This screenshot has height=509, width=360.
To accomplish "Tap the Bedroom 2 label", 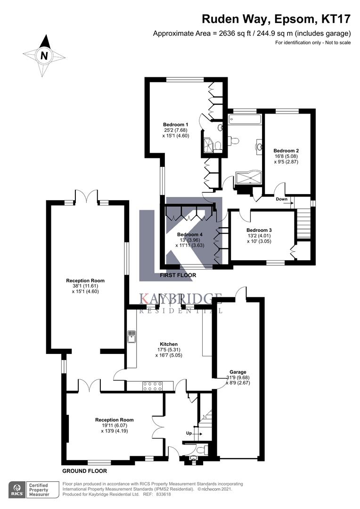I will [x=286, y=151].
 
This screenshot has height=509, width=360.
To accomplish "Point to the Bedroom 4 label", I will [x=190, y=234].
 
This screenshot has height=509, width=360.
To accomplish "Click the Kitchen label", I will [x=169, y=344].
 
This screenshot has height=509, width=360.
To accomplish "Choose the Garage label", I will [x=238, y=372].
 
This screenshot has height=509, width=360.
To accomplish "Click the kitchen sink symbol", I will [x=131, y=337].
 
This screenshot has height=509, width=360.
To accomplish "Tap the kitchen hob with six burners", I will [x=152, y=386].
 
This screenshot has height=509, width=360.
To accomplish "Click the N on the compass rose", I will [x=44, y=56].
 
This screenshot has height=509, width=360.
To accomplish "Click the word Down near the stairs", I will [x=282, y=199].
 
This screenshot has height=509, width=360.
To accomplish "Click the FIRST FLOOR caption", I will [x=178, y=275].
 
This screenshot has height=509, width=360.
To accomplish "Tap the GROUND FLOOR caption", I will [x=84, y=471].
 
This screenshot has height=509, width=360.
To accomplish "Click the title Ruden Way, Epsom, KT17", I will [x=276, y=19].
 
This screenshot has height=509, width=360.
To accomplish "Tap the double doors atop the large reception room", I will [x=86, y=196].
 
